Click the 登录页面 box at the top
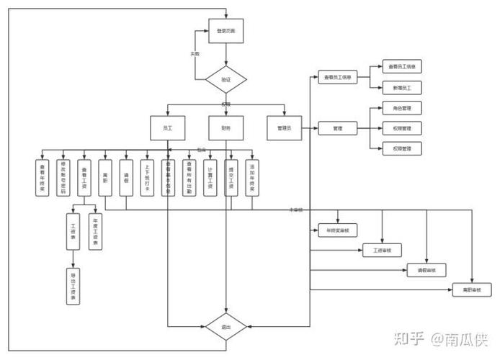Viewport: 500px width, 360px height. (x=226, y=31)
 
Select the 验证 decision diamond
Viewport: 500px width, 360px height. (x=226, y=79)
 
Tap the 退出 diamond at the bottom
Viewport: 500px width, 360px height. (x=226, y=327)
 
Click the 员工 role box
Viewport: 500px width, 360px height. (x=167, y=127)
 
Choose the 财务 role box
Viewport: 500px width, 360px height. (x=226, y=127)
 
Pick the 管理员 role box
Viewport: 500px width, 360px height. (x=284, y=127)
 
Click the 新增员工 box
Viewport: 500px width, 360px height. (x=402, y=87)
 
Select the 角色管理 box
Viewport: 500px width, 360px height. (x=402, y=108)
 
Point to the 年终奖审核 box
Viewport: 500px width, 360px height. (x=338, y=231)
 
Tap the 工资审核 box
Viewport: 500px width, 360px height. (x=382, y=251)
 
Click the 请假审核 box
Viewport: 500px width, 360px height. (x=427, y=271)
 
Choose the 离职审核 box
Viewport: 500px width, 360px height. (x=471, y=290)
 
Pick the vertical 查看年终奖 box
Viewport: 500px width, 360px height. (x=42, y=176)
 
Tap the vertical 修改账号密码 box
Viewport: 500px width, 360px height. (x=63, y=176)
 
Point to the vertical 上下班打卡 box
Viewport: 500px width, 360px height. (x=146, y=176)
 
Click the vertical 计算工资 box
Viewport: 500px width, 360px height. (x=209, y=176)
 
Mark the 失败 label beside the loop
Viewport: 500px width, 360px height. (x=195, y=54)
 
